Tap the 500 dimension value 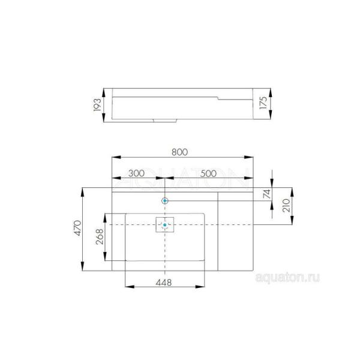click(208, 173)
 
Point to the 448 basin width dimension click(164, 282)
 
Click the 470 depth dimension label click(76, 230)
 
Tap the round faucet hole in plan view click(164, 200)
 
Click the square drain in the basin click(164, 224)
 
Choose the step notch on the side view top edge click(217, 95)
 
